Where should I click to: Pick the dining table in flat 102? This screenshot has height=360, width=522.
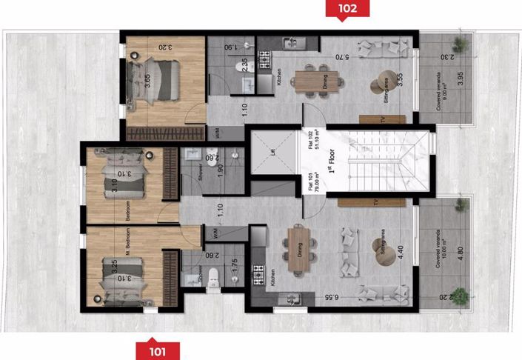point(317,79)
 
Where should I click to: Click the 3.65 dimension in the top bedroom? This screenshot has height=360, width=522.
point(147,79)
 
